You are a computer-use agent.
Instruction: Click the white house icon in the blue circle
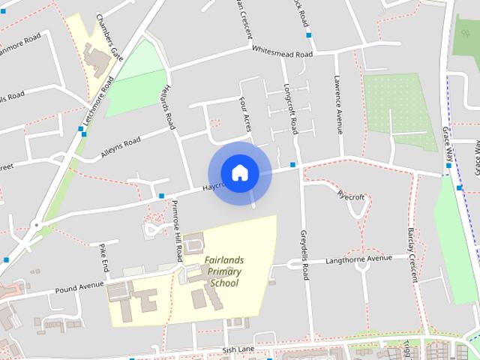coord(239,172)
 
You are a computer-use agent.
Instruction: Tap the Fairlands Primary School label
coord(224,271)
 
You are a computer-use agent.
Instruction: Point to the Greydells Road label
coord(305,254)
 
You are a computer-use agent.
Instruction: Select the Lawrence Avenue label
coord(338,103)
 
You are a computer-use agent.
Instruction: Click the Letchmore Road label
coord(97,104)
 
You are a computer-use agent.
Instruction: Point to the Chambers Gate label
coord(108,30)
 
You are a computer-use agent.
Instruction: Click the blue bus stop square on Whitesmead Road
coord(307,35)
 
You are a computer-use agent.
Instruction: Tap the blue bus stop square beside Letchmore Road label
coord(81,129)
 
